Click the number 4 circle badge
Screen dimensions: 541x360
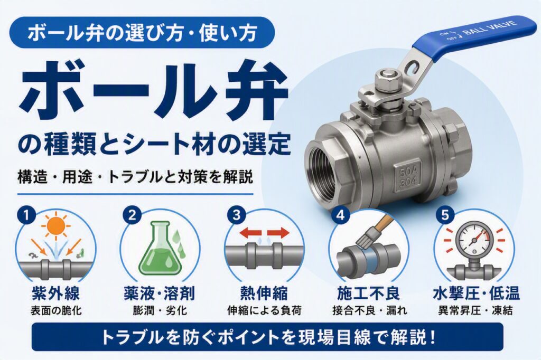[341, 215]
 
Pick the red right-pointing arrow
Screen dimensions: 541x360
[279, 233]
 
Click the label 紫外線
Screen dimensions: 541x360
[55, 294]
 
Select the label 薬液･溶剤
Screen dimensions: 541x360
[160, 294]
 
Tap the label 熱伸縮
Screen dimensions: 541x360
[264, 294]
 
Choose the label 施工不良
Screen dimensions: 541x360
[369, 294]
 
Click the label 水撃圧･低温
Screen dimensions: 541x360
[476, 294]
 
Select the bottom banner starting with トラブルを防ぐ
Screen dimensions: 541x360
[267, 337]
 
